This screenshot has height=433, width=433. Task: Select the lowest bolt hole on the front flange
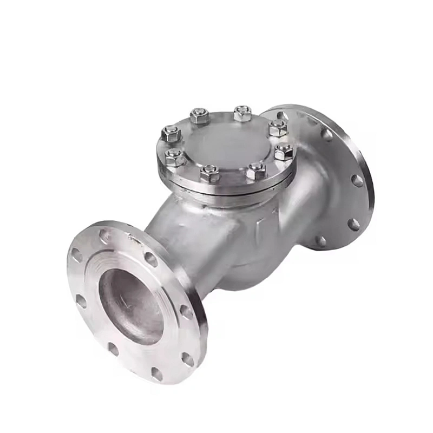click(x=156, y=373)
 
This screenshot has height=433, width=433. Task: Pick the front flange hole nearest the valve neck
click(x=151, y=259)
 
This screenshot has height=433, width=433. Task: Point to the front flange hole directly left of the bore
click(x=81, y=301)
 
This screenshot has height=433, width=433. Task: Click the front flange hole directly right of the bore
click(x=186, y=311)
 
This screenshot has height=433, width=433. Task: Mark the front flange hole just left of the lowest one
click(x=113, y=349)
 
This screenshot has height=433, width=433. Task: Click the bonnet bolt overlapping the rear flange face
click(x=278, y=128)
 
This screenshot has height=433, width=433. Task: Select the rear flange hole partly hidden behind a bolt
click(x=283, y=115)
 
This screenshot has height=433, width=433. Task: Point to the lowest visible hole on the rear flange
click(x=321, y=241)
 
